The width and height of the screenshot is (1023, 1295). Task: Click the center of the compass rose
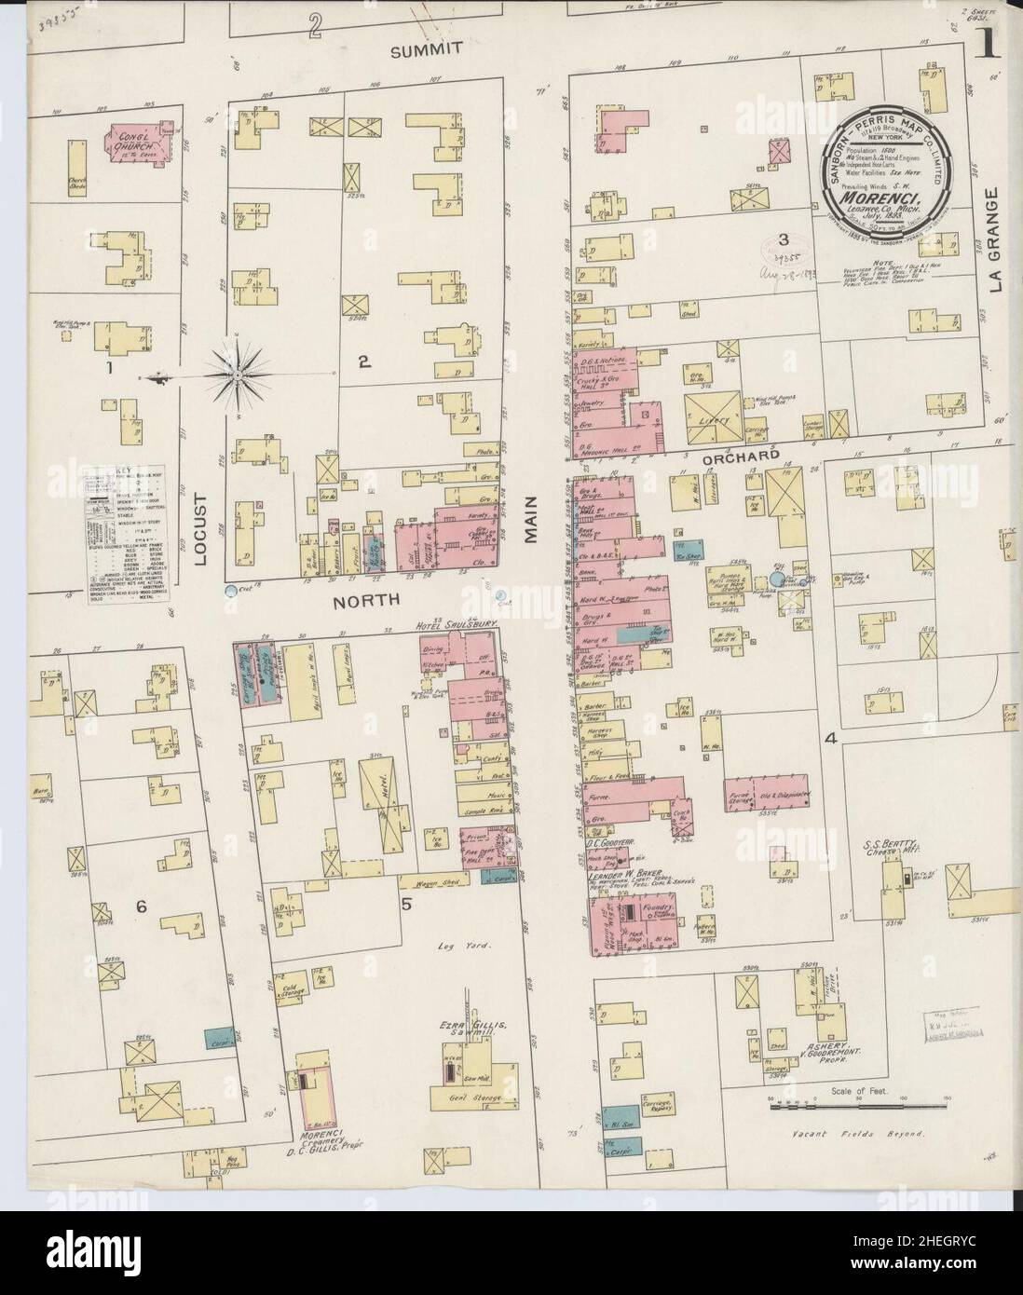[239, 375]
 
